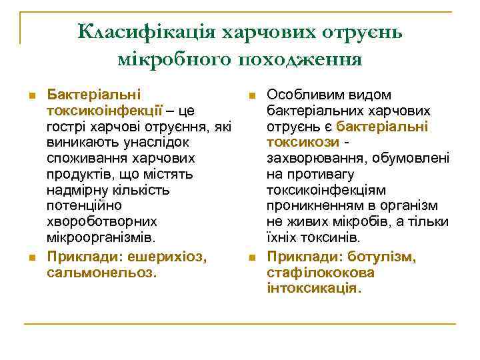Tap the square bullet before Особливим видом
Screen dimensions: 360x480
252,96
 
